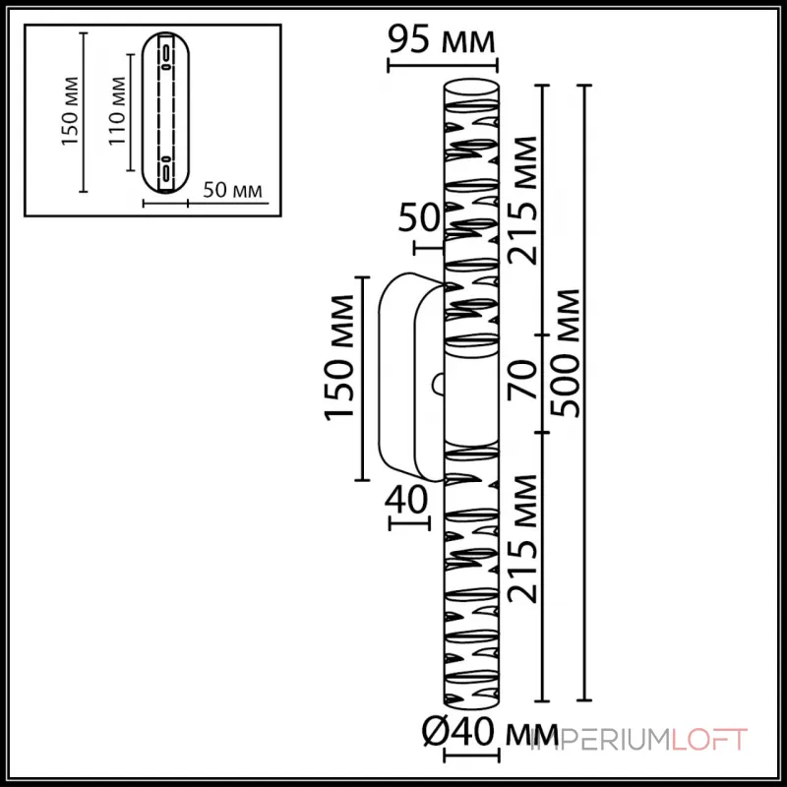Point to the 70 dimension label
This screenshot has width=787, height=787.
point(522,385)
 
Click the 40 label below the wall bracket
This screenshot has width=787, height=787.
point(408,501)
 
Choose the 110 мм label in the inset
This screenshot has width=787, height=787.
point(116,110)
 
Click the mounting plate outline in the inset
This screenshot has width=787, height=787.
point(165,110)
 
